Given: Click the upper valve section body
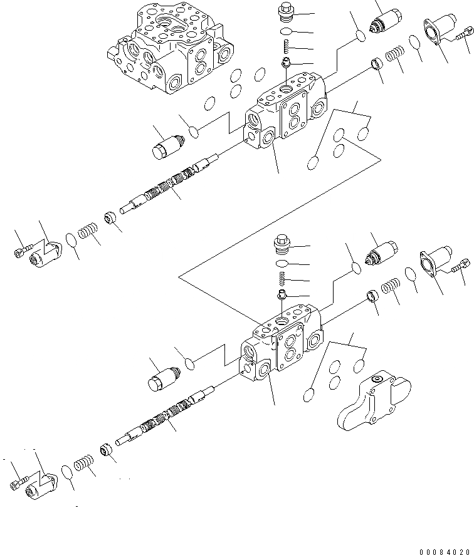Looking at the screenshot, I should (285, 113).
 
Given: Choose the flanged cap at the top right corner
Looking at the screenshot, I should (439, 29).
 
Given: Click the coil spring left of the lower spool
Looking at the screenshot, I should (83, 465).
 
